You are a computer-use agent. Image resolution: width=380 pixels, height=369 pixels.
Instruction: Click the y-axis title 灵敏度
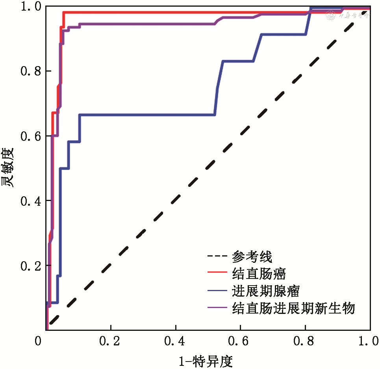point(8,167)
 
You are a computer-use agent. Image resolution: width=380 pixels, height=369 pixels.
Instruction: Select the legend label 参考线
point(252,257)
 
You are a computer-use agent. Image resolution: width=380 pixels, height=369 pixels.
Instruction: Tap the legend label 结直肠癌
point(259,274)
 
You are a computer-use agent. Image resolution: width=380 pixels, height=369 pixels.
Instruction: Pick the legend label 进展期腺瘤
point(266,291)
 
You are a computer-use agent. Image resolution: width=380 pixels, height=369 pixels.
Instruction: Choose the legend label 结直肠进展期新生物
point(294,308)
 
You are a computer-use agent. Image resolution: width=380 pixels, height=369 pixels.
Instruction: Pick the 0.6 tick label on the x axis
point(240,341)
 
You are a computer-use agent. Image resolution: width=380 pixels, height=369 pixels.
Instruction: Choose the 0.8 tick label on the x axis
point(305,341)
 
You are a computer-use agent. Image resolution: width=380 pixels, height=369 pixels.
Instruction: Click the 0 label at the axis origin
point(38,341)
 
